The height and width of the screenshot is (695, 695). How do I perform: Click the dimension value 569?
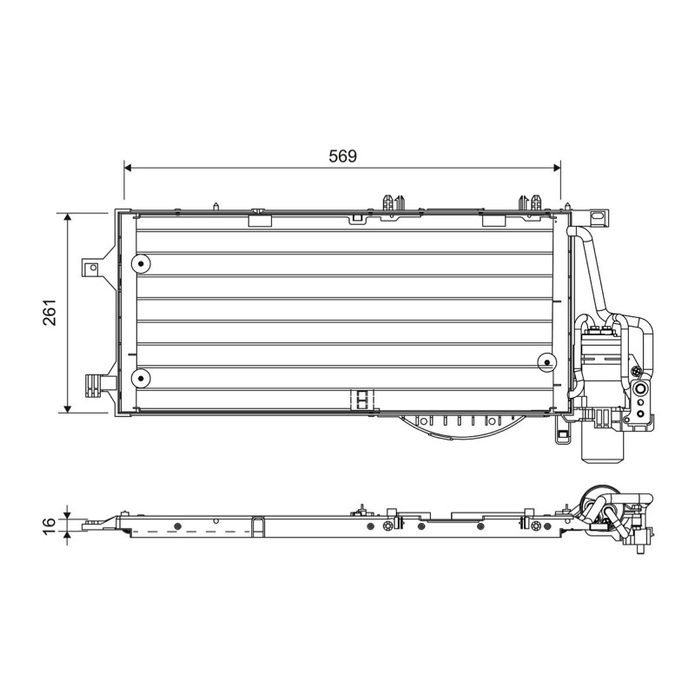click(x=342, y=156)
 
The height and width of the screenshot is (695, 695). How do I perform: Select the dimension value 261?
click(x=50, y=313)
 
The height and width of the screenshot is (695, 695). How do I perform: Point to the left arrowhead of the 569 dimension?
click(x=129, y=168)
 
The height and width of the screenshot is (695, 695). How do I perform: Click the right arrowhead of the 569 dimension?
click(x=556, y=168)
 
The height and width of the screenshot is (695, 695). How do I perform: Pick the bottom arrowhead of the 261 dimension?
click(x=68, y=407)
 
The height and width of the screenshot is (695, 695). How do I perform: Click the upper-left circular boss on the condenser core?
click(x=141, y=264)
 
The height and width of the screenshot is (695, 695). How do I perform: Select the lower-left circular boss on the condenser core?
click(x=141, y=378)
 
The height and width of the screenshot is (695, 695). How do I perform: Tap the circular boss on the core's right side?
click(x=547, y=362)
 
